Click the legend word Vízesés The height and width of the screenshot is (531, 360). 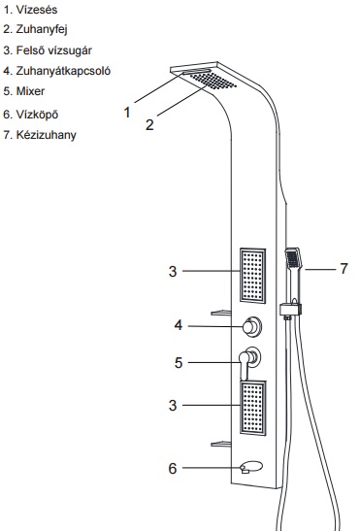[x=37, y=10]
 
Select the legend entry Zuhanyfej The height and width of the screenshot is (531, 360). [x=42, y=29]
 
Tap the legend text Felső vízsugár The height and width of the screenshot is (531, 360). [x=53, y=50]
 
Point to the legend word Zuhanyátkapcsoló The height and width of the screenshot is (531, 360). [x=63, y=71]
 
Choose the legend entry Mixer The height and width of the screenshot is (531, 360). [x=30, y=91]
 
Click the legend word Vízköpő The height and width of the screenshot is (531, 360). [x=37, y=115]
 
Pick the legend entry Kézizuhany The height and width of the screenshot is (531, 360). [x=46, y=135]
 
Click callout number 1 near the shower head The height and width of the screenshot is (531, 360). [x=127, y=112]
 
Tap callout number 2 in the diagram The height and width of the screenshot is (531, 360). [x=149, y=124]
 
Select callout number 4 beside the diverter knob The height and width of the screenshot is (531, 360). [x=179, y=325]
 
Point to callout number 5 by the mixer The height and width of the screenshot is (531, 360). [x=179, y=363]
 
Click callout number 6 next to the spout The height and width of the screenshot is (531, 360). [x=173, y=468]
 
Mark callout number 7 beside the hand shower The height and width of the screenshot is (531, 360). [x=344, y=269]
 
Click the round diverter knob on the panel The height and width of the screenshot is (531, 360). [x=251, y=327]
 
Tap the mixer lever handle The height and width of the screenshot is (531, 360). [x=245, y=365]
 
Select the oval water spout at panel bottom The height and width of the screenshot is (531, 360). [x=251, y=467]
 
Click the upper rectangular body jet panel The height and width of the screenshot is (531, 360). [x=252, y=276]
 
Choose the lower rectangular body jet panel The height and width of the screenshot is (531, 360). [x=253, y=408]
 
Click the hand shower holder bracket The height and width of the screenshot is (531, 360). [x=290, y=310]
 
